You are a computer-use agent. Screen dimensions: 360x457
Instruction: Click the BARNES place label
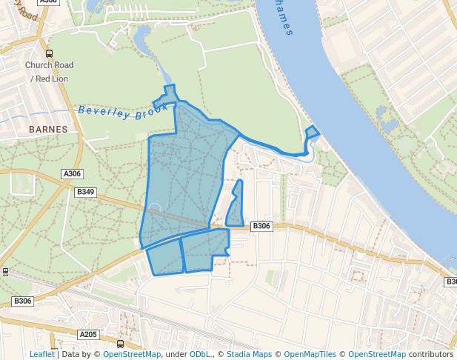(x=48, y=129)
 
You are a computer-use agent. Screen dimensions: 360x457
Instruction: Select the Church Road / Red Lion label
(x=49, y=71)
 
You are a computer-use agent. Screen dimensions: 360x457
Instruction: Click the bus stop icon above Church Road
(x=49, y=53)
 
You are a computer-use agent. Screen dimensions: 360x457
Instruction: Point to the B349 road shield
(x=86, y=192)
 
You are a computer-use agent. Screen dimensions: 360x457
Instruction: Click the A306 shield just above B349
(x=72, y=174)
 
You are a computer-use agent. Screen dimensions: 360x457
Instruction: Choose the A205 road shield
(x=88, y=335)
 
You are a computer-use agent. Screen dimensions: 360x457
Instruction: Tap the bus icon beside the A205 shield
(x=120, y=344)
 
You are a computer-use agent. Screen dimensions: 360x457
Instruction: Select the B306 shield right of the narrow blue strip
(x=261, y=226)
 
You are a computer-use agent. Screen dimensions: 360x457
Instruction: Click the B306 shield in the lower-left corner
(x=22, y=301)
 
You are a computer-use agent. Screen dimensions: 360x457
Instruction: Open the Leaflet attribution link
(x=41, y=355)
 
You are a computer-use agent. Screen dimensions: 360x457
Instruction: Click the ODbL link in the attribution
(x=200, y=355)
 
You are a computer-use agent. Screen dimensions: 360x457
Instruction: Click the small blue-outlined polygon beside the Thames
(x=312, y=133)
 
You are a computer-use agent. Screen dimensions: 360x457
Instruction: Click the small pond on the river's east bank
(x=382, y=115)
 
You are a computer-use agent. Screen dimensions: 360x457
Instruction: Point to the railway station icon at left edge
(x=5, y=272)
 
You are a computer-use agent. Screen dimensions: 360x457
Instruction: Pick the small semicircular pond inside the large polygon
(x=154, y=209)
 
